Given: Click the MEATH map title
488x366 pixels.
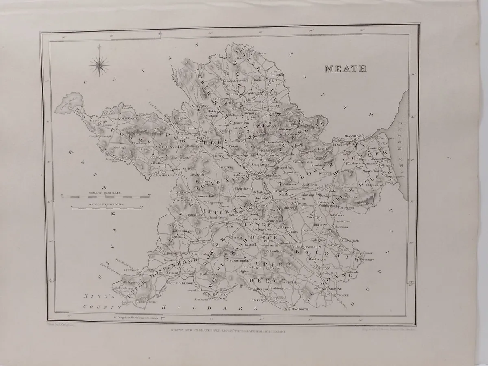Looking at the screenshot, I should point(345,68).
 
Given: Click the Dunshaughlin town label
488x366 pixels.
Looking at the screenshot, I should point(310,246).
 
